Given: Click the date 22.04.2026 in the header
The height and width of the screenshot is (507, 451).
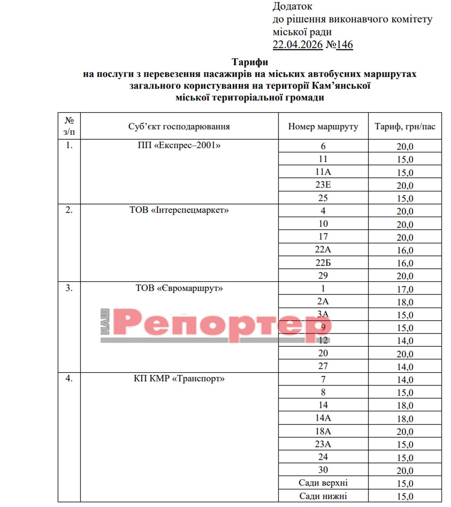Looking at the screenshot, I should tap(297, 45).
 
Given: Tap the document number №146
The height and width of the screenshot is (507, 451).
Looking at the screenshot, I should tap(339, 45).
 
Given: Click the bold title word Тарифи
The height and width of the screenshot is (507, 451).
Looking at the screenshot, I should tap(250, 62).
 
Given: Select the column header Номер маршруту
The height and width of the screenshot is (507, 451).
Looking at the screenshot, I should tap(323, 126).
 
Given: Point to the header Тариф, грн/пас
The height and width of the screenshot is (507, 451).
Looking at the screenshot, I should tap(405, 126).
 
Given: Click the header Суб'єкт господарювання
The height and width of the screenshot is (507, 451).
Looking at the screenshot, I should tap(179, 126).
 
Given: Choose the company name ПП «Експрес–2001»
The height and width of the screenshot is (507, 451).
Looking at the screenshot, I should tap(179, 146).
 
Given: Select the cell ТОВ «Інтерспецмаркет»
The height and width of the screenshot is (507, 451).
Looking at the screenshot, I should tap(179, 210).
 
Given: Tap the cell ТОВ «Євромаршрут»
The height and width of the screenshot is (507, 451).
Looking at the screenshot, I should tap(179, 288).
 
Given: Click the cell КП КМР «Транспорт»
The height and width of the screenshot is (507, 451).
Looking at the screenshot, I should tap(179, 378).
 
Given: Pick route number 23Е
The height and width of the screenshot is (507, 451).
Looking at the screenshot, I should tap(323, 185).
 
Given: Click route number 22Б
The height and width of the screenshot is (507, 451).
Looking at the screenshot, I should tap(323, 263).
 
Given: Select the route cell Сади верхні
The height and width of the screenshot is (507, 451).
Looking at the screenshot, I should tap(323, 483).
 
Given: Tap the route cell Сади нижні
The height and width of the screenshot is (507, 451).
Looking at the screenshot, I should tap(323, 496).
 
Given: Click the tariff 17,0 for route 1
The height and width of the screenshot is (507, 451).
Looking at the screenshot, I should tap(405, 289).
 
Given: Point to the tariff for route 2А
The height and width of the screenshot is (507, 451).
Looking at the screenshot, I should tap(405, 302).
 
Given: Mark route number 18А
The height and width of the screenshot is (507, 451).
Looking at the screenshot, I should tap(323, 431).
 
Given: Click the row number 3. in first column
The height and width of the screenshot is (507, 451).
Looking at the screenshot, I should tap(69, 288).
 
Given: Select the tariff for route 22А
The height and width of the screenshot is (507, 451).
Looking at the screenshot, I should tap(405, 250).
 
